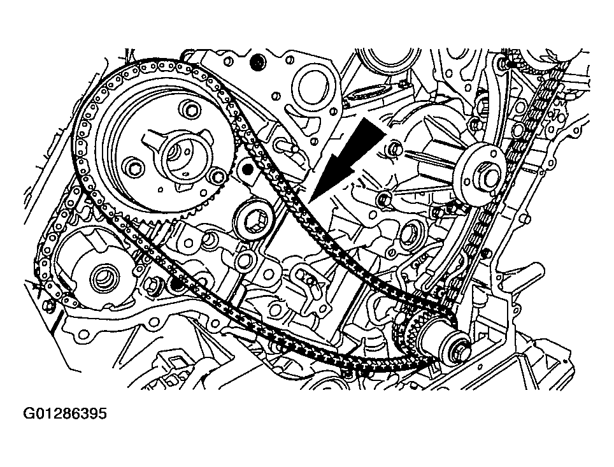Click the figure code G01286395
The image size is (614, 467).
point(65,413)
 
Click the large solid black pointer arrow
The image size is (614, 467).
point(346,161)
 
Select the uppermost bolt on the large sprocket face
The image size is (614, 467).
point(190,108)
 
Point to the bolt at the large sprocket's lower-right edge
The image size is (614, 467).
point(218,177)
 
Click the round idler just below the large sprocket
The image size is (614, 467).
point(253,219)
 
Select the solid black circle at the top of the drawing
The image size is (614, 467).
point(258,61)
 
